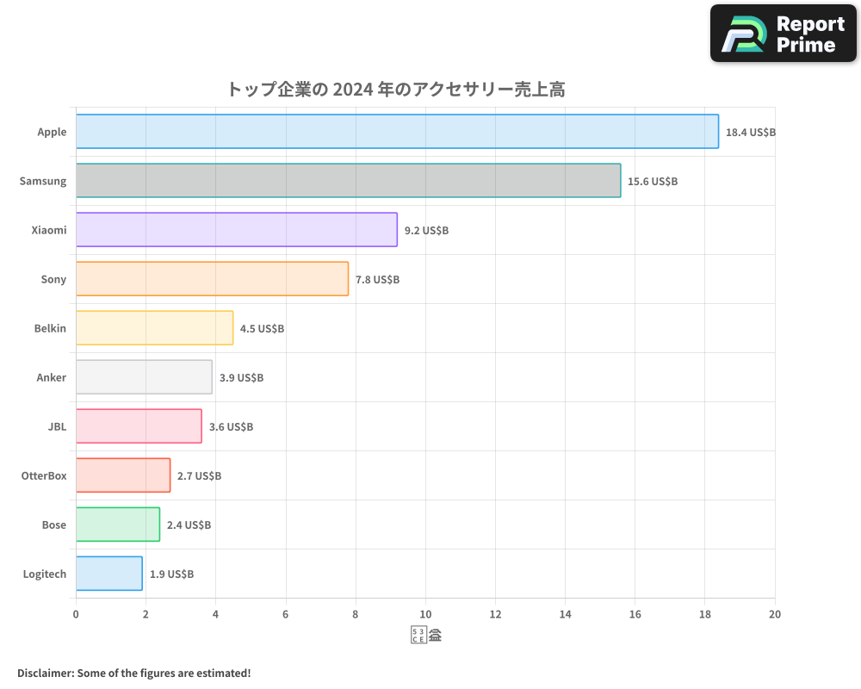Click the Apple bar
(x=397, y=132)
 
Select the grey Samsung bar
(x=348, y=181)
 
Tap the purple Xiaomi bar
(x=237, y=230)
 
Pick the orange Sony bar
(x=212, y=279)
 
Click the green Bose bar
(x=118, y=525)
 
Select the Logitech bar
(x=109, y=574)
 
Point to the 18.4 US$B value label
(x=750, y=133)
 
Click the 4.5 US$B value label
(x=262, y=329)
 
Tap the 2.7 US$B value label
(x=199, y=476)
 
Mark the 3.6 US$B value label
(x=231, y=427)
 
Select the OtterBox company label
(x=44, y=475)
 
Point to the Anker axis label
(x=51, y=377)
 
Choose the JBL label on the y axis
(x=57, y=426)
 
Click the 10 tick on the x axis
(x=425, y=614)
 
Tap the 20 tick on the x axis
(x=775, y=614)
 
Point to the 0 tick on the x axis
(x=76, y=614)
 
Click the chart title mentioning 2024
(x=395, y=89)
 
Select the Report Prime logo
(x=784, y=34)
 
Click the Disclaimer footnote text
(x=133, y=673)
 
